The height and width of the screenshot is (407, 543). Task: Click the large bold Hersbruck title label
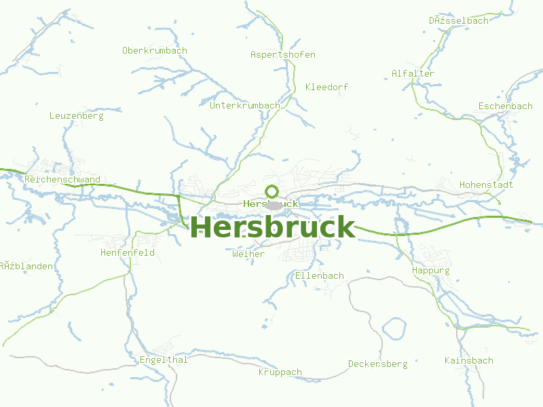click(273, 227)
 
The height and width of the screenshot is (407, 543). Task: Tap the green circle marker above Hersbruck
click(272, 191)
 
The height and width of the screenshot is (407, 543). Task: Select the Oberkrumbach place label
click(155, 51)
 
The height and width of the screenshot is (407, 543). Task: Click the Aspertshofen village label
click(283, 55)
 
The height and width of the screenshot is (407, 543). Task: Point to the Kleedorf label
click(326, 88)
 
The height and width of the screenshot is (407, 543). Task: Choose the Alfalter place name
click(413, 74)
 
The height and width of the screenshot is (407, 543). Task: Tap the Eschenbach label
click(505, 106)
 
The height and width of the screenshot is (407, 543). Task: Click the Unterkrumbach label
click(245, 106)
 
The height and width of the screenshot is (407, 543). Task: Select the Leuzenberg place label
click(77, 116)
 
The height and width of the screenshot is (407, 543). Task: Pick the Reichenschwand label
click(62, 180)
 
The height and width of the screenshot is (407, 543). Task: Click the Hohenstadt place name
click(486, 185)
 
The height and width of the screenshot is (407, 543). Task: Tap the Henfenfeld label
click(128, 253)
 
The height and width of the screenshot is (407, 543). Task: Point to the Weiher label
click(248, 254)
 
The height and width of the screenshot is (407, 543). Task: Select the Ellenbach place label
click(319, 276)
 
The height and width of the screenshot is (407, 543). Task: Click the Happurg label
click(431, 271)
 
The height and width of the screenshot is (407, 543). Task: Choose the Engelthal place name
click(164, 360)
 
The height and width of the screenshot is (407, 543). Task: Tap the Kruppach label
click(280, 372)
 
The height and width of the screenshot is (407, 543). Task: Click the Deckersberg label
click(377, 364)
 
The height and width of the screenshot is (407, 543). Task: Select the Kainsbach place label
click(469, 361)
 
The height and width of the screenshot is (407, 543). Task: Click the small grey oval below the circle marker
click(274, 205)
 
